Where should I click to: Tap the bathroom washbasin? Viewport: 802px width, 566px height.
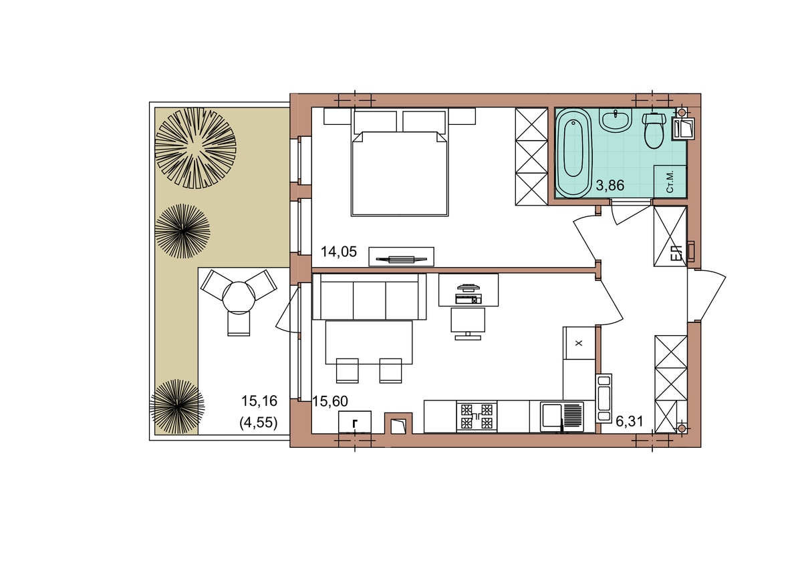click(x=616, y=121)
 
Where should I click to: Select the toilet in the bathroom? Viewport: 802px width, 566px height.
click(x=654, y=131)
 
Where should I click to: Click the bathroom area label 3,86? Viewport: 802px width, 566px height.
click(x=610, y=186)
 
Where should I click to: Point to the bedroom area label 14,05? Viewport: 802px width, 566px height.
click(x=339, y=252)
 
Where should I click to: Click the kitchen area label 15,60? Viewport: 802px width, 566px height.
click(x=330, y=402)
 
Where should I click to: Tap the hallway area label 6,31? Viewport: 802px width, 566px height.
click(x=630, y=422)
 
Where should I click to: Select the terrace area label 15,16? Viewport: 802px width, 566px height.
click(x=259, y=401)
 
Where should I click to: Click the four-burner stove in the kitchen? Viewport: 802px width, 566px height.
click(x=477, y=416)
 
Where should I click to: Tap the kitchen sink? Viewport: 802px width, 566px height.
click(x=562, y=416)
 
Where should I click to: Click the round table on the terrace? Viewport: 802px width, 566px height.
click(x=239, y=297)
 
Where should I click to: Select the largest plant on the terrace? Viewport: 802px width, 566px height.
click(x=195, y=148)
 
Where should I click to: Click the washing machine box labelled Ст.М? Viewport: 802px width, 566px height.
click(x=670, y=182)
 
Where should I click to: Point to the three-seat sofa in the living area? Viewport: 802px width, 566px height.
click(x=369, y=296)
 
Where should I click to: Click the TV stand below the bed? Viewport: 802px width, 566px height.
click(x=402, y=257)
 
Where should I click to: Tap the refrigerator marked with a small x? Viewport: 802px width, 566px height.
click(x=579, y=343)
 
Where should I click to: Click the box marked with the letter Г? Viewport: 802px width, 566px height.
click(x=355, y=422)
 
